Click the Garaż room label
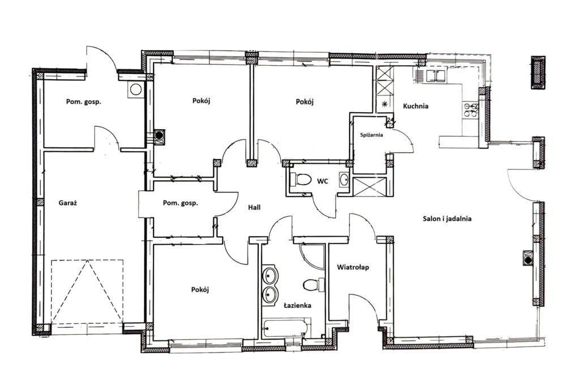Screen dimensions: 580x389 68,203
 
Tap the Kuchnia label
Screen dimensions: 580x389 416,106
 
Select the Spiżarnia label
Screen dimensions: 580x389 372,135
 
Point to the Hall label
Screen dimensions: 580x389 254,207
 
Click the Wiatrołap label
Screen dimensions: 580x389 353,267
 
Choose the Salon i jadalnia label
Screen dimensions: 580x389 447,219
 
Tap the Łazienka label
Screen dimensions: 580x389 297,305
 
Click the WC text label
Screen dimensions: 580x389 323,181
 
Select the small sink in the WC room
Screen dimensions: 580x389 344,179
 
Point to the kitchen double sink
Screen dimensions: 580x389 435,75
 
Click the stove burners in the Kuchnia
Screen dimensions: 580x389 470,110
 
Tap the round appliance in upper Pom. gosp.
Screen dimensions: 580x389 136,89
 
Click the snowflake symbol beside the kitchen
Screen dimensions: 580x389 385,104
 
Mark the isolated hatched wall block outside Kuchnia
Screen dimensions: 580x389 538,72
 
